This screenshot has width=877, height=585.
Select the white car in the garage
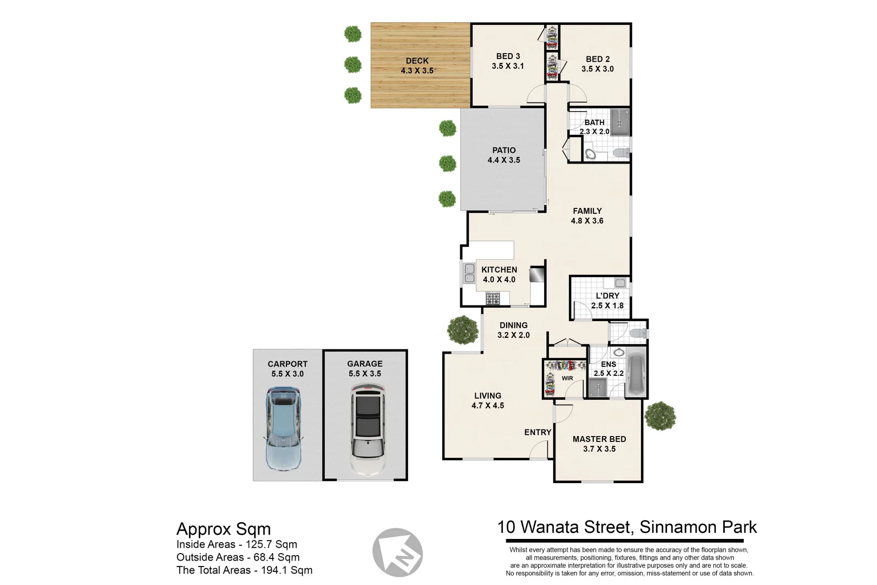[368, 429]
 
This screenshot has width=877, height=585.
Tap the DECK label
[417, 61]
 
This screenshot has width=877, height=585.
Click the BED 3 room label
[508, 56]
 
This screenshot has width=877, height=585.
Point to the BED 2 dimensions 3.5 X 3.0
[598, 69]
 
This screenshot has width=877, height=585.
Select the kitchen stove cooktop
[493, 298]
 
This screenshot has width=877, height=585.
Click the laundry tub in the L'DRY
[620, 283]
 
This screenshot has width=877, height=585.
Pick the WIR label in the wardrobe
[567, 378]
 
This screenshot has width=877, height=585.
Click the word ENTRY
[538, 432]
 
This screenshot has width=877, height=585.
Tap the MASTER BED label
[599, 439]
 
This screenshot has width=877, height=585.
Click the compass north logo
[398, 553]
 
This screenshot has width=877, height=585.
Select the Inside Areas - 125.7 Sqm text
[237, 544]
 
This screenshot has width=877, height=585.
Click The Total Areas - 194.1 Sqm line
[244, 570]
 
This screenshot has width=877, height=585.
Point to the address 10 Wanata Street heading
[627, 527]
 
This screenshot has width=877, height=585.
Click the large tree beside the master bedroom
[660, 416]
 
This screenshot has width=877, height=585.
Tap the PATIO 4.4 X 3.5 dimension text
[503, 160]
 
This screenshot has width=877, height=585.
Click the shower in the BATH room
[620, 122]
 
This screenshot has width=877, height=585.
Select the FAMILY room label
[587, 211]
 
